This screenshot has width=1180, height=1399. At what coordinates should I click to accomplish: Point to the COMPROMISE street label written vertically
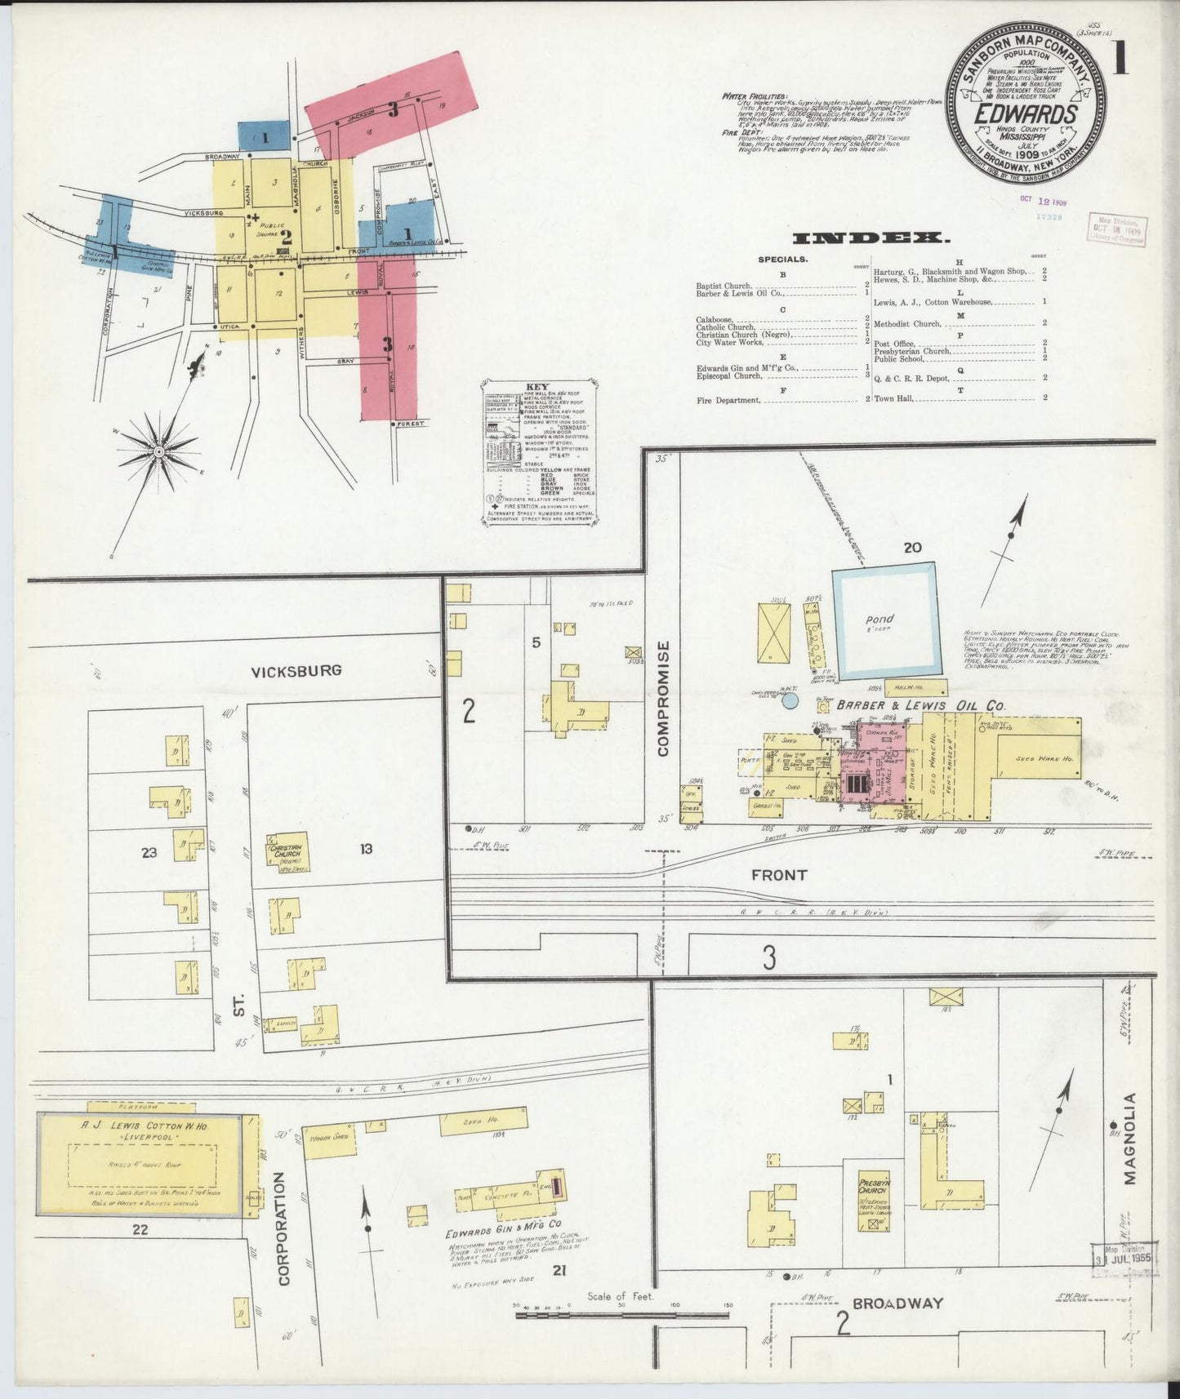tap(663, 699)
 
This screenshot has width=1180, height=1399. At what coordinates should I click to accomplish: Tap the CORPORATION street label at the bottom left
tap(283, 1229)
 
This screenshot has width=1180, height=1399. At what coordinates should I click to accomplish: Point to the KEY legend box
tap(538, 450)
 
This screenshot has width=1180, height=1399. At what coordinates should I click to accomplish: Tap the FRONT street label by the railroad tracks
tap(779, 875)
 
